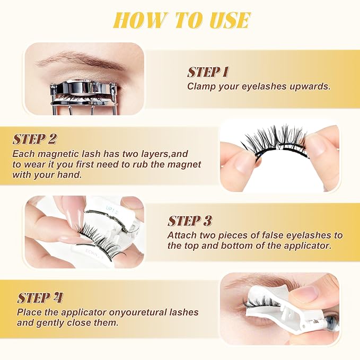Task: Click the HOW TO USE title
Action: click(x=182, y=21)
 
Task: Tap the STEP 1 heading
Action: click(x=208, y=73)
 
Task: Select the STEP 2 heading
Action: click(x=34, y=139)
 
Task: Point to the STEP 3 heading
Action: click(x=189, y=221)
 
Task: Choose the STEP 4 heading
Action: click(x=40, y=298)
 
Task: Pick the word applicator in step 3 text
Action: click(x=308, y=246)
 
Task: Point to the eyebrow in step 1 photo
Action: click(x=81, y=60)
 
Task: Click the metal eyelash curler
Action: click(x=84, y=96)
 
